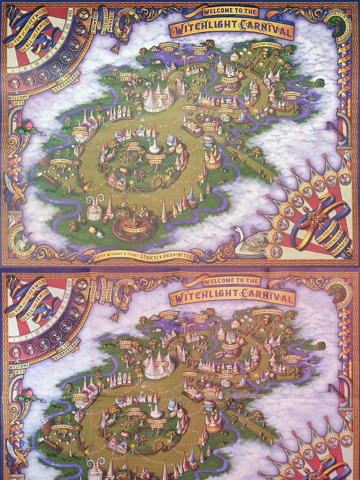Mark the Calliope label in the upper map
pos(189,108)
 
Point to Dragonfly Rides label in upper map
pos(292,96)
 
